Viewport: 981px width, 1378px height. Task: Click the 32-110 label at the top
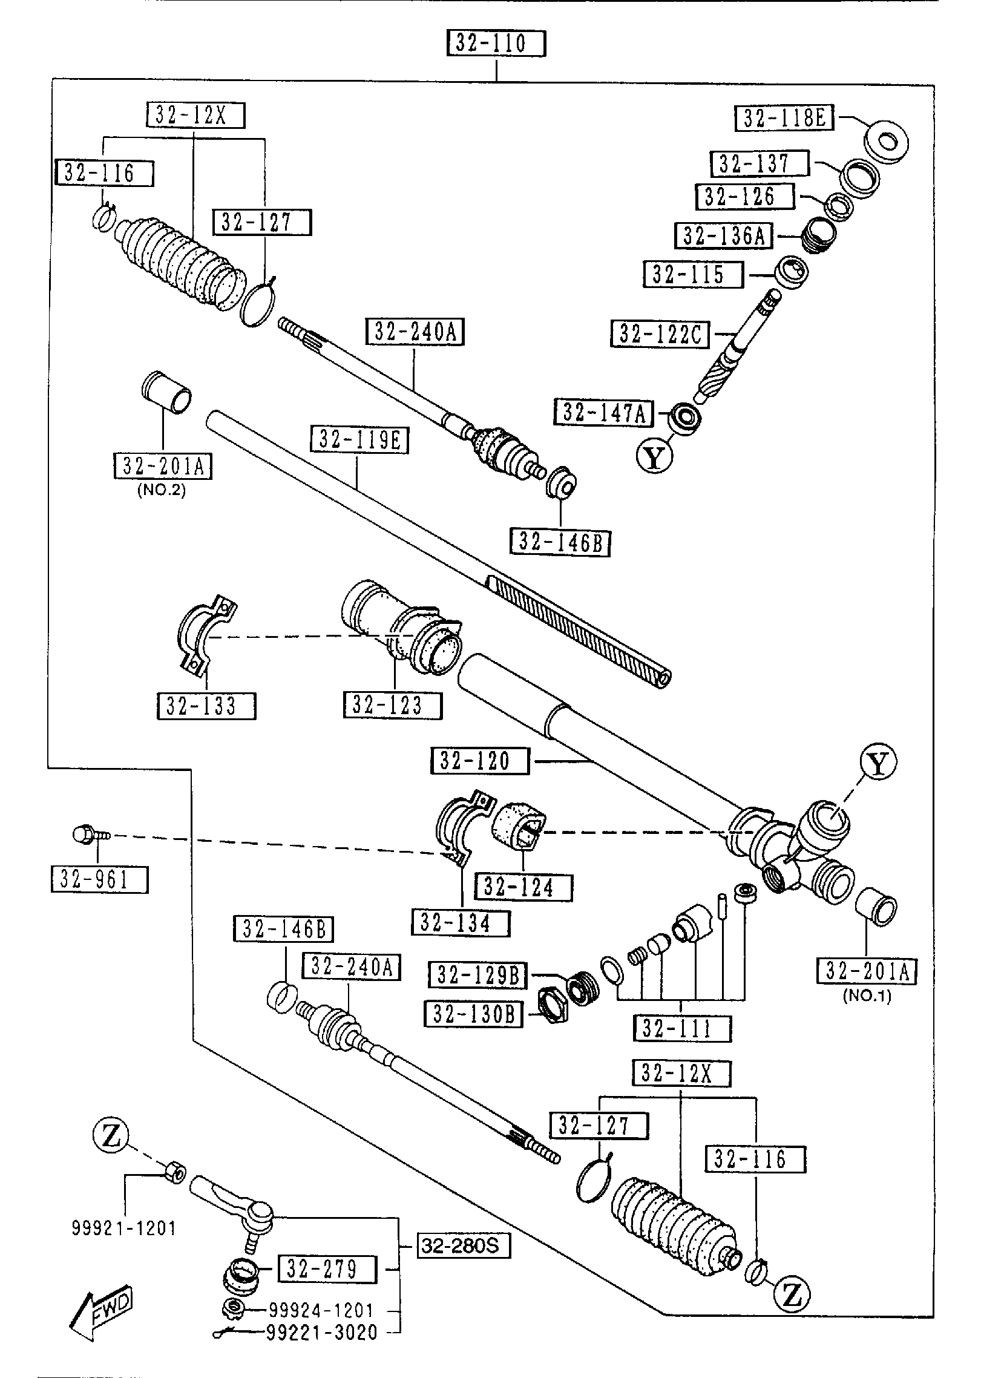496,44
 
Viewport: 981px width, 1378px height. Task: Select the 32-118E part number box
784,118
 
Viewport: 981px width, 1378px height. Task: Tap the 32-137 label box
760,163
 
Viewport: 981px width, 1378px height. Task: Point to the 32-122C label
661,333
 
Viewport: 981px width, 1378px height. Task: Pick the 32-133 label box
206,706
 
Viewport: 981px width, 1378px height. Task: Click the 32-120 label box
480,761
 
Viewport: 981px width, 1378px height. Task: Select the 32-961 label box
99,879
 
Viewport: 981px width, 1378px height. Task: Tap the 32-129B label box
478,975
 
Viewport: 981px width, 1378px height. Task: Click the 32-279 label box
327,1269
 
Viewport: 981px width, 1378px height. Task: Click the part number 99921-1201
124,1228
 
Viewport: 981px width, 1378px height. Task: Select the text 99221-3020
321,1332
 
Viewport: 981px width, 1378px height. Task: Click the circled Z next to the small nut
111,1138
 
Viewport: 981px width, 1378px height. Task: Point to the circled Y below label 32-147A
654,457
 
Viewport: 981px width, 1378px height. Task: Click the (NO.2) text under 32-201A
162,490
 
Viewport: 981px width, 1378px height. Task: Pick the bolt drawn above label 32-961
88,835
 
